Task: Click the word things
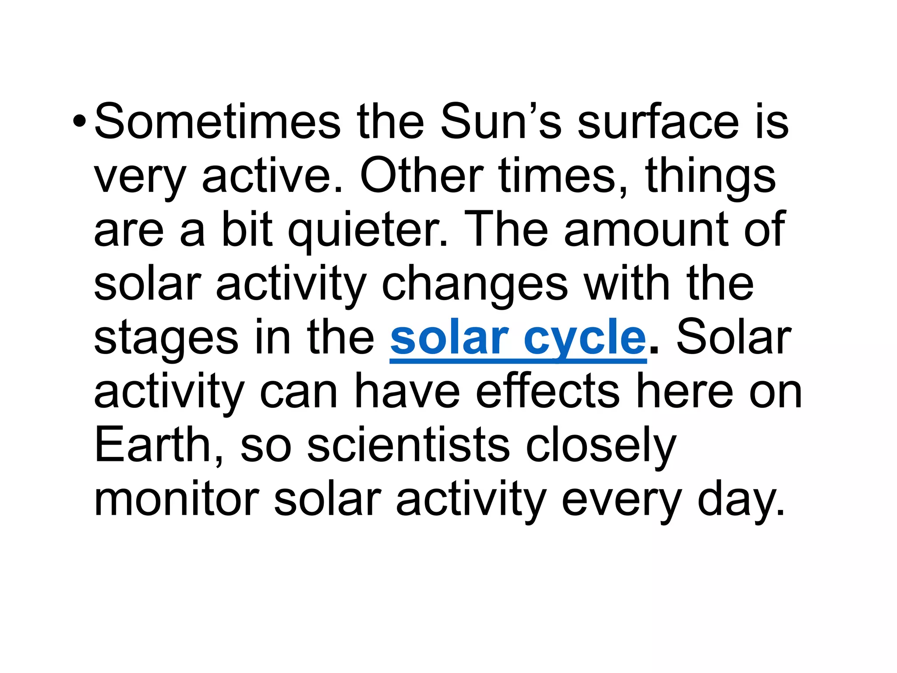[710, 177]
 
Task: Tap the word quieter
[368, 230]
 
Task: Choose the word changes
[475, 285]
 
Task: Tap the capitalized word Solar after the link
[734, 337]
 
